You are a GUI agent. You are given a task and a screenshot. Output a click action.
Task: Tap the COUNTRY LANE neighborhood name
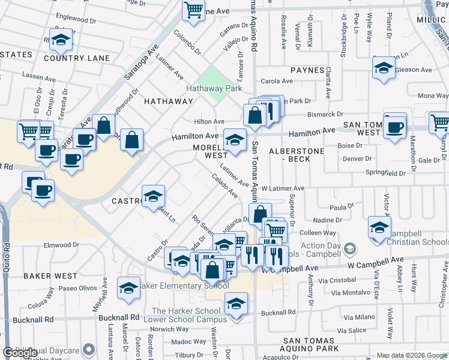[x=77, y=58]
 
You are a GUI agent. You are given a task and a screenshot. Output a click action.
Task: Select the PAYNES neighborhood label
[x=307, y=70]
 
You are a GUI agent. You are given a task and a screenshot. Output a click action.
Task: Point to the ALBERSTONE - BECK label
[x=297, y=154]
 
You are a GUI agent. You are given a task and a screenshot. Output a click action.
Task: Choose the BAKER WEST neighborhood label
[x=50, y=276]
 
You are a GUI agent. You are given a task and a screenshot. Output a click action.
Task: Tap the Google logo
[x=20, y=353]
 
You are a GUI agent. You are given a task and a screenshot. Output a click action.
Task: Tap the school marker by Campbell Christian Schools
[x=379, y=229]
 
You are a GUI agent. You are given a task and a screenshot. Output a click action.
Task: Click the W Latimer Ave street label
[x=283, y=188]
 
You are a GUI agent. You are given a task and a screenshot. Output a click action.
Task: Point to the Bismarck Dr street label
[x=327, y=114]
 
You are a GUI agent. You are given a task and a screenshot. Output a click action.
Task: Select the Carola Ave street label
[x=276, y=81]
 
